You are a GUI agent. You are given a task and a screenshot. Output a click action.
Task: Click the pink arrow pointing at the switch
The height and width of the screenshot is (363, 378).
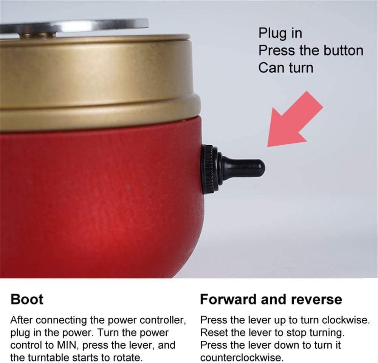point(294,119)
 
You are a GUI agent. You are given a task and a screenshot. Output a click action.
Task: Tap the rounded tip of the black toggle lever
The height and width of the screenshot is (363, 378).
point(261,168)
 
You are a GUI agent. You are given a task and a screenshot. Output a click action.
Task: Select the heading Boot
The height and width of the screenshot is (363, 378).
point(27,299)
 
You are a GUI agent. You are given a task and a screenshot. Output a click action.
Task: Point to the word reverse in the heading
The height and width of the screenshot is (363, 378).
point(316,300)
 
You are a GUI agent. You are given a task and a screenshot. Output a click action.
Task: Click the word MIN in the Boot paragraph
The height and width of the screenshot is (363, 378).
point(67,345)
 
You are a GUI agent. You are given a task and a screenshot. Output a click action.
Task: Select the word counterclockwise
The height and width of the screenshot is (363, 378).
point(242,357)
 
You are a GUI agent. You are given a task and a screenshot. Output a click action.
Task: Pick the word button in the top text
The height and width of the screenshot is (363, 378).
point(343,51)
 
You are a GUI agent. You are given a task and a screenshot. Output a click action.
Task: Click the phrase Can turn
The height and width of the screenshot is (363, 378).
point(286,68)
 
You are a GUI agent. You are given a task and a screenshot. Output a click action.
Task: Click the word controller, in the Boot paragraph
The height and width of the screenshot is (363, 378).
point(163,320)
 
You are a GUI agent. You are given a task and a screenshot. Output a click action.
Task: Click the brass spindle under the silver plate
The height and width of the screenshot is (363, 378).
point(37,35)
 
